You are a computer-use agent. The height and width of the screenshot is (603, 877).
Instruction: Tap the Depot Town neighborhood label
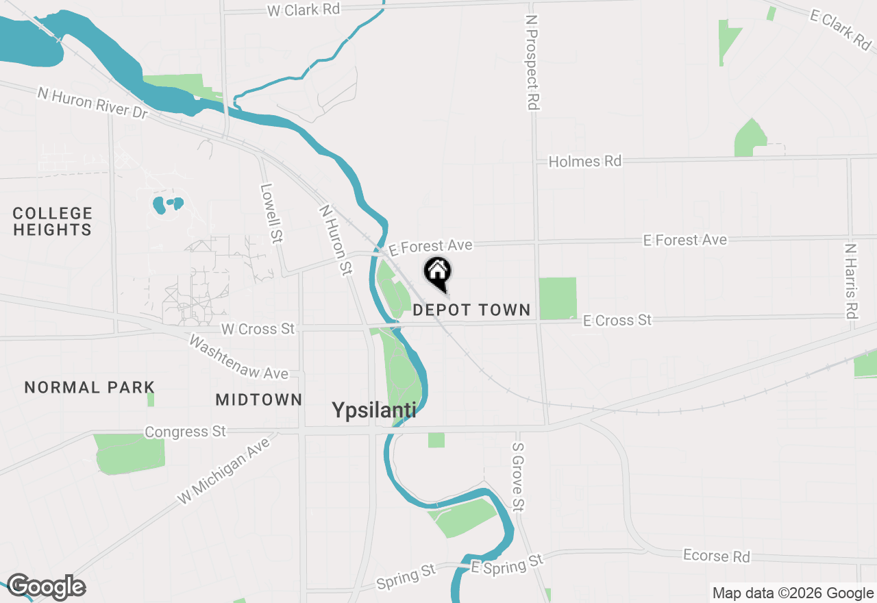(471, 310)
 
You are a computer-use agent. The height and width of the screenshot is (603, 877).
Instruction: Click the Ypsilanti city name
(374, 410)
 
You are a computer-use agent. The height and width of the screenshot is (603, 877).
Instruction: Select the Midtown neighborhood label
(259, 399)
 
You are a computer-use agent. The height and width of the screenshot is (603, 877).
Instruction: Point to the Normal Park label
(90, 388)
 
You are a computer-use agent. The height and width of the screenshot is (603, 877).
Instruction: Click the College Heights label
(53, 221)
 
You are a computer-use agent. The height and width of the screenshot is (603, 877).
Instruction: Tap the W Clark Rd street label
(304, 10)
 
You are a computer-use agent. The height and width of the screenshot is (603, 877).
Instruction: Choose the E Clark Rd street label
(840, 29)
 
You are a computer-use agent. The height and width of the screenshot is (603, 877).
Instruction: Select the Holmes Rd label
(585, 162)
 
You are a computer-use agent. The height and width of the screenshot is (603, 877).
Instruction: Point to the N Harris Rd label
(851, 281)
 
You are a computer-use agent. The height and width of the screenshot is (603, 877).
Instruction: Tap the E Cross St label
(617, 320)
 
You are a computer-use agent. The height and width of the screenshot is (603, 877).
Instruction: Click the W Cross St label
(258, 329)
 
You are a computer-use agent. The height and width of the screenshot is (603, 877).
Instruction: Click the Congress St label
(185, 432)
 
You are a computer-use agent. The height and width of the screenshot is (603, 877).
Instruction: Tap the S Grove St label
(518, 476)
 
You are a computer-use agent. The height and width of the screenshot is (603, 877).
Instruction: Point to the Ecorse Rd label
(717, 556)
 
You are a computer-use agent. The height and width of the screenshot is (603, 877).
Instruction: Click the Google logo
(46, 587)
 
